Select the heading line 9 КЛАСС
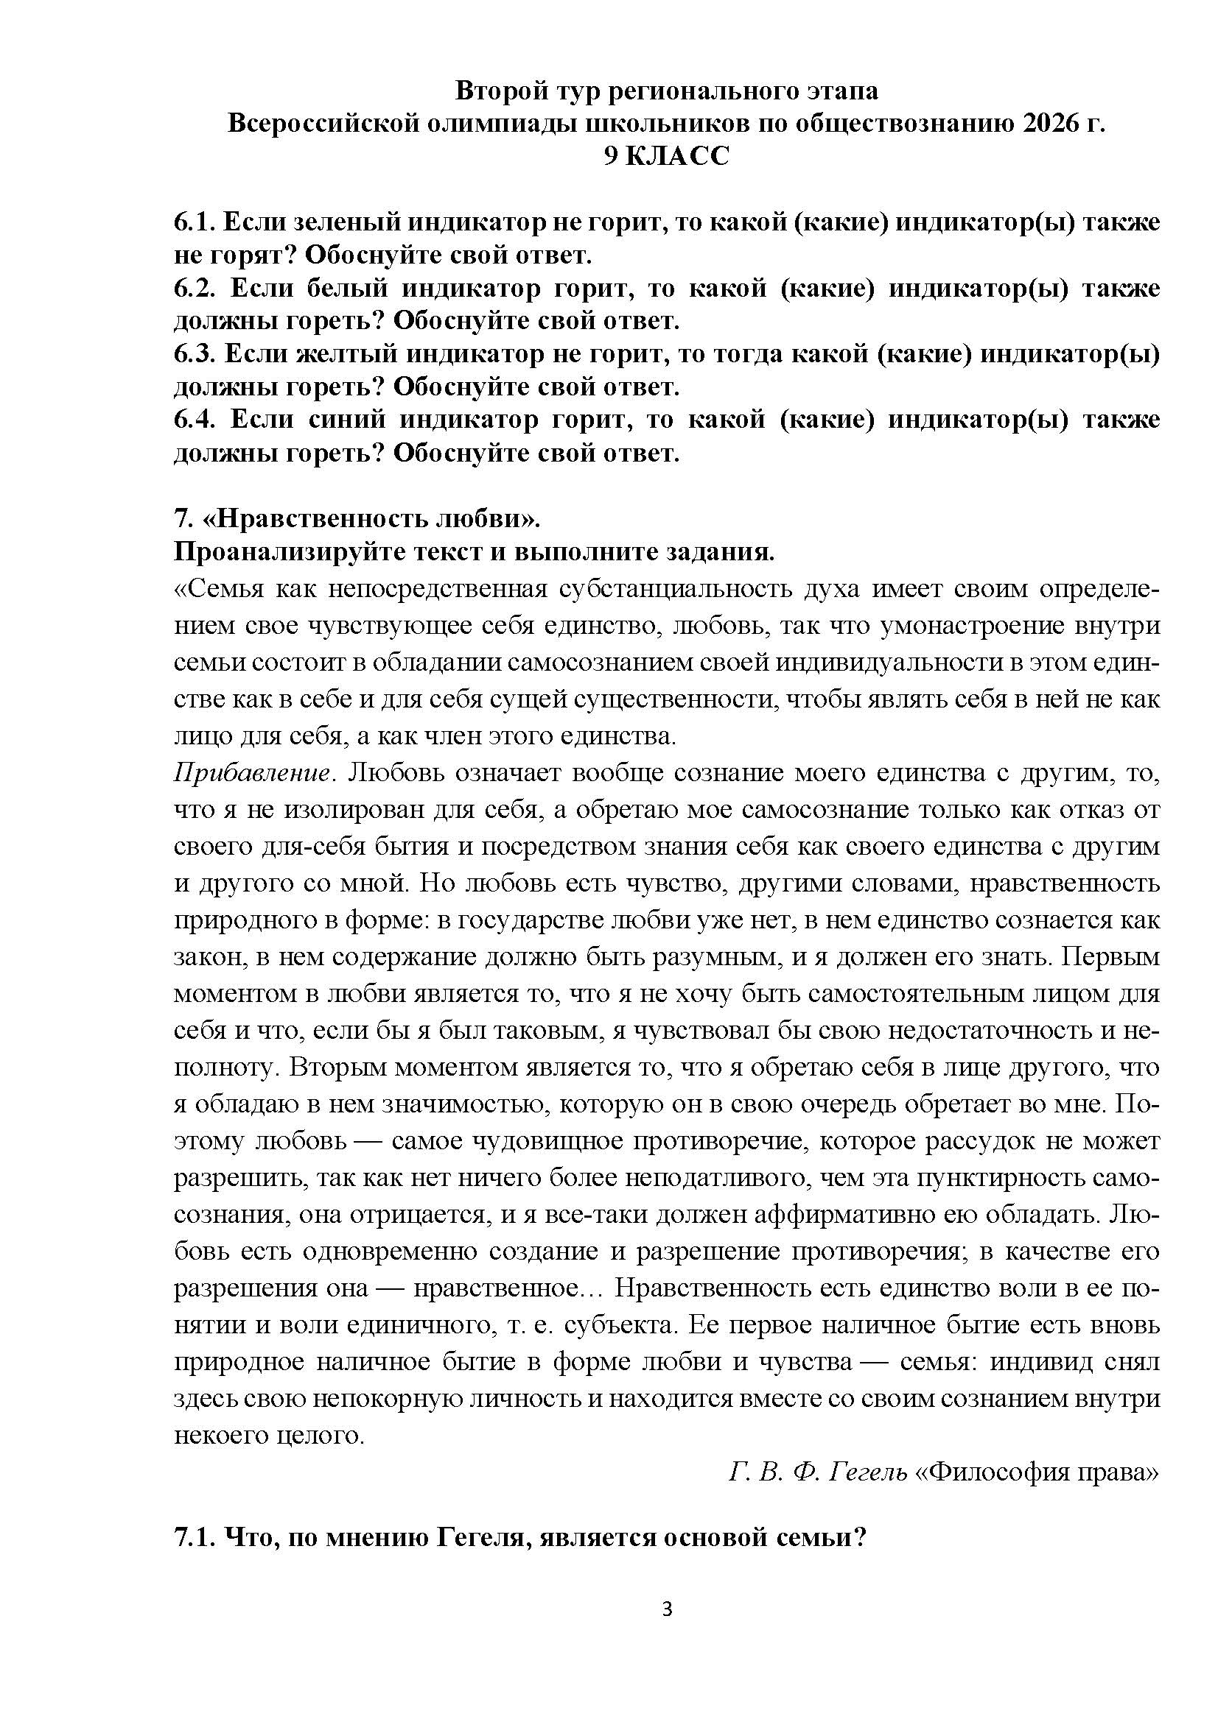(666, 156)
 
